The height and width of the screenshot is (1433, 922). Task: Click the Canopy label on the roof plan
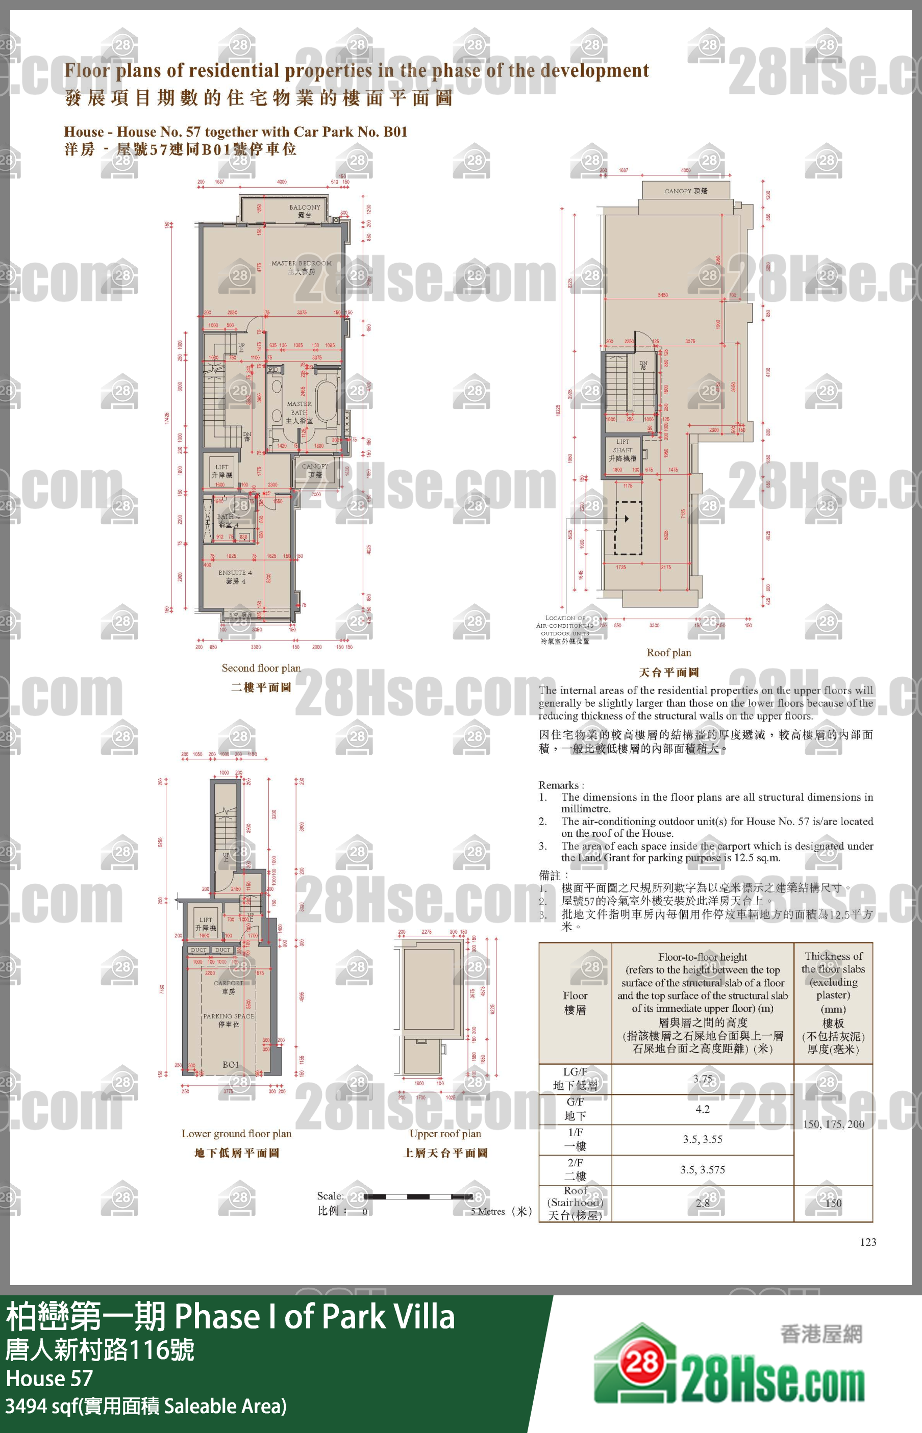point(686,191)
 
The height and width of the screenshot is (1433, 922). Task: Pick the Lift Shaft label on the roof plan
point(622,449)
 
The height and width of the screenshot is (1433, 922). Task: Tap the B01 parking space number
point(231,1064)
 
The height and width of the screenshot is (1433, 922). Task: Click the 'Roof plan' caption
point(669,652)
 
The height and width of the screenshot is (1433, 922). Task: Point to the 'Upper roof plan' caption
point(445,1133)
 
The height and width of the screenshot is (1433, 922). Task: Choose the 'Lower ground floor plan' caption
point(236,1133)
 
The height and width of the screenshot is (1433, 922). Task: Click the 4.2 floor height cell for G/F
point(702,1109)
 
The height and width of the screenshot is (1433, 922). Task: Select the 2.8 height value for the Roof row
point(702,1202)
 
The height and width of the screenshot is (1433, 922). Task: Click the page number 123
point(867,1242)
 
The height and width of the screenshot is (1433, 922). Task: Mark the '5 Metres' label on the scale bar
point(488,1211)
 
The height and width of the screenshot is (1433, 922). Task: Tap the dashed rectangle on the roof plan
point(628,528)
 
